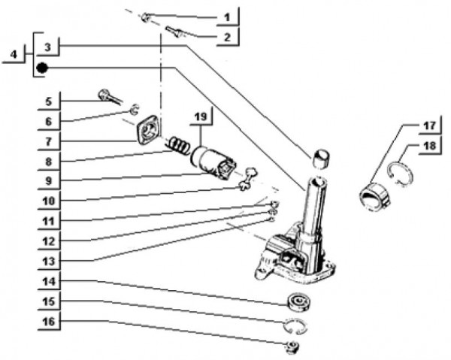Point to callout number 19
[x=199, y=117]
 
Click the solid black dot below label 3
[x=43, y=68]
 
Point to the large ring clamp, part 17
[x=375, y=194]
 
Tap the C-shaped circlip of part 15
[x=296, y=325]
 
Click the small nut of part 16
[x=292, y=346]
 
